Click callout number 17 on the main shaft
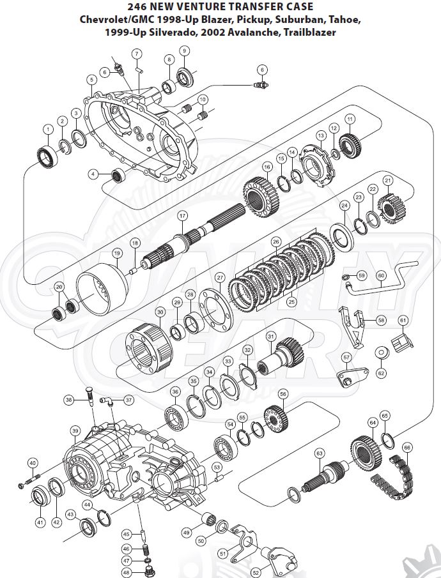click(182, 215)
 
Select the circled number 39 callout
click(75, 430)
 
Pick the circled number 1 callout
click(47, 129)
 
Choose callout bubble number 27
click(219, 278)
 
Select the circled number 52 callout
click(256, 572)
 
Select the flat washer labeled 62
click(382, 353)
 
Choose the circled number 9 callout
click(184, 50)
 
